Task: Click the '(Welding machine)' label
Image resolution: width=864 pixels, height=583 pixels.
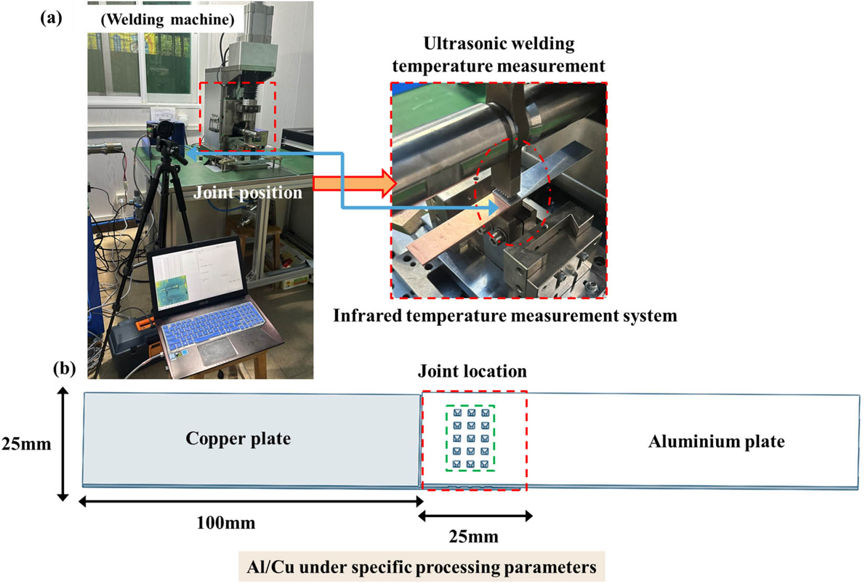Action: coord(167,19)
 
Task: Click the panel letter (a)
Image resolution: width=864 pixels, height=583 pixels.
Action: coord(51,18)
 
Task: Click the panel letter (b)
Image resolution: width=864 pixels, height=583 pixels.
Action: coord(65,368)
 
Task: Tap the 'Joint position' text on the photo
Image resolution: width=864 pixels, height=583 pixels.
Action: coord(248,193)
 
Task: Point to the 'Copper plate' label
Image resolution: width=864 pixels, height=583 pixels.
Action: coord(238,438)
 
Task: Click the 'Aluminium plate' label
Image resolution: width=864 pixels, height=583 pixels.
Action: coord(716,441)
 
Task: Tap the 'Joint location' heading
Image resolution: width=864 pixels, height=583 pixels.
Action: coord(472,371)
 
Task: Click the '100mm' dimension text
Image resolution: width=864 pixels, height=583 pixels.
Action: coord(226,522)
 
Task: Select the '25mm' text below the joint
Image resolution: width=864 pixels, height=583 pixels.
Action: coord(473,536)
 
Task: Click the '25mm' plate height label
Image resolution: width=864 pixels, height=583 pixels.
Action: coord(26,444)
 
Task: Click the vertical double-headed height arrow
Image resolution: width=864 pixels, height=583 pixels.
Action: coord(63,444)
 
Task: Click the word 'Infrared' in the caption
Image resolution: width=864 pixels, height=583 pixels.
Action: coord(368,316)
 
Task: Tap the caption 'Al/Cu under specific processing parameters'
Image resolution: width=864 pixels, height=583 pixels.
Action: coord(422,567)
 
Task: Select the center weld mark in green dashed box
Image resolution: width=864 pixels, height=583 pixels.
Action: coord(471,438)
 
